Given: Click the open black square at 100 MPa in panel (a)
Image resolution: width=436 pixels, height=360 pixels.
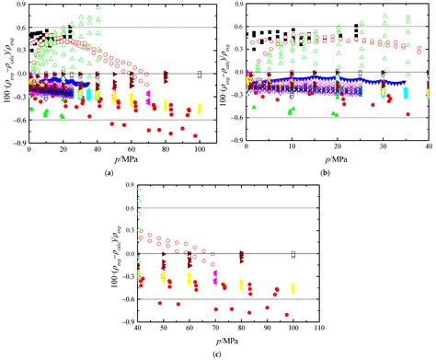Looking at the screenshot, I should point(200,73).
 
